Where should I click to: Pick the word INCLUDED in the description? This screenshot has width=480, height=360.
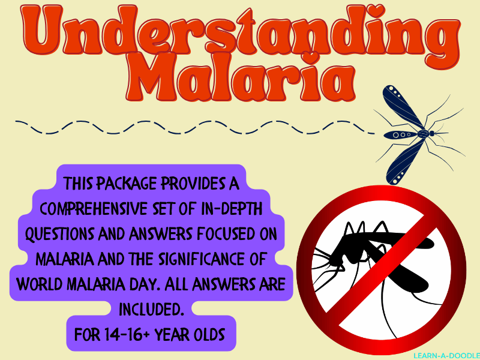[151, 310]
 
